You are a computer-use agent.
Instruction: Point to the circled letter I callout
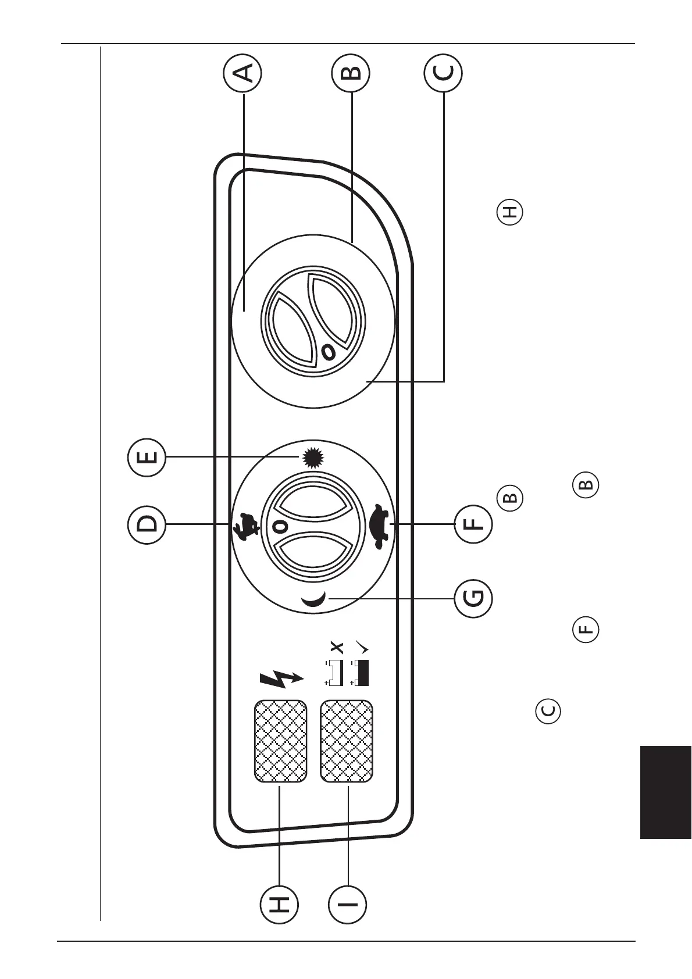(348, 904)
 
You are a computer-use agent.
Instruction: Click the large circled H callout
(279, 904)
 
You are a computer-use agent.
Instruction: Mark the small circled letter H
(509, 212)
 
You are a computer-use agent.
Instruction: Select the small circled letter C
(548, 710)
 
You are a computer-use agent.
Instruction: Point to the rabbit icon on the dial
(245, 525)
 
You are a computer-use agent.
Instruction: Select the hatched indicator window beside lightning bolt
(280, 741)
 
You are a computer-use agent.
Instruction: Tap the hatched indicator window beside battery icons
(347, 741)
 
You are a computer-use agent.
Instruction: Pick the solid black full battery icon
(362, 673)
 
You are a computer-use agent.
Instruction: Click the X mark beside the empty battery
(337, 647)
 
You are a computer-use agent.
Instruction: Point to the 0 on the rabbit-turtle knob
(280, 526)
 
